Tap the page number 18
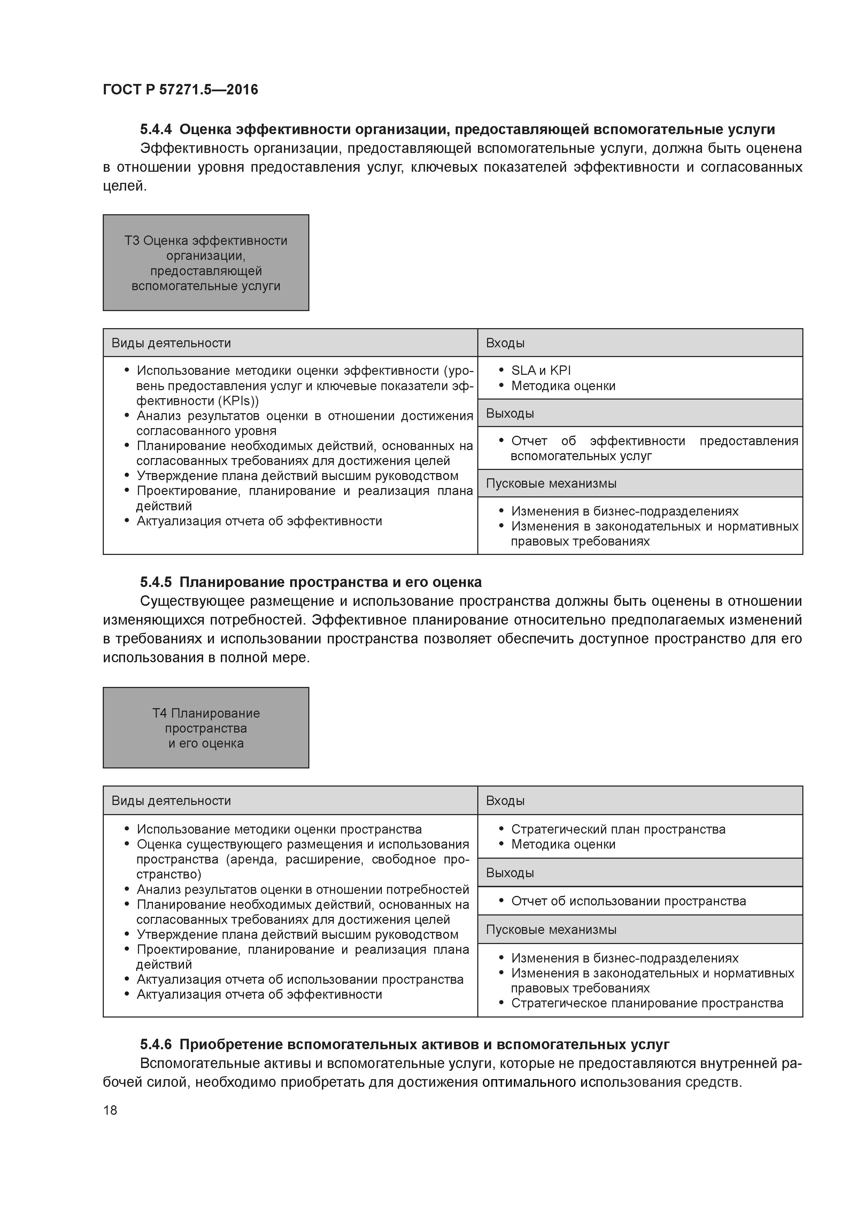[x=110, y=1110]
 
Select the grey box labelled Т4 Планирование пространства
[x=206, y=728]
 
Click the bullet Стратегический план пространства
[x=618, y=829]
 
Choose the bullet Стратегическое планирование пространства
[x=647, y=1003]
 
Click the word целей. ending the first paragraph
[x=124, y=186]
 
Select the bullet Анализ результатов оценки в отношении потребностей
[x=302, y=889]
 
